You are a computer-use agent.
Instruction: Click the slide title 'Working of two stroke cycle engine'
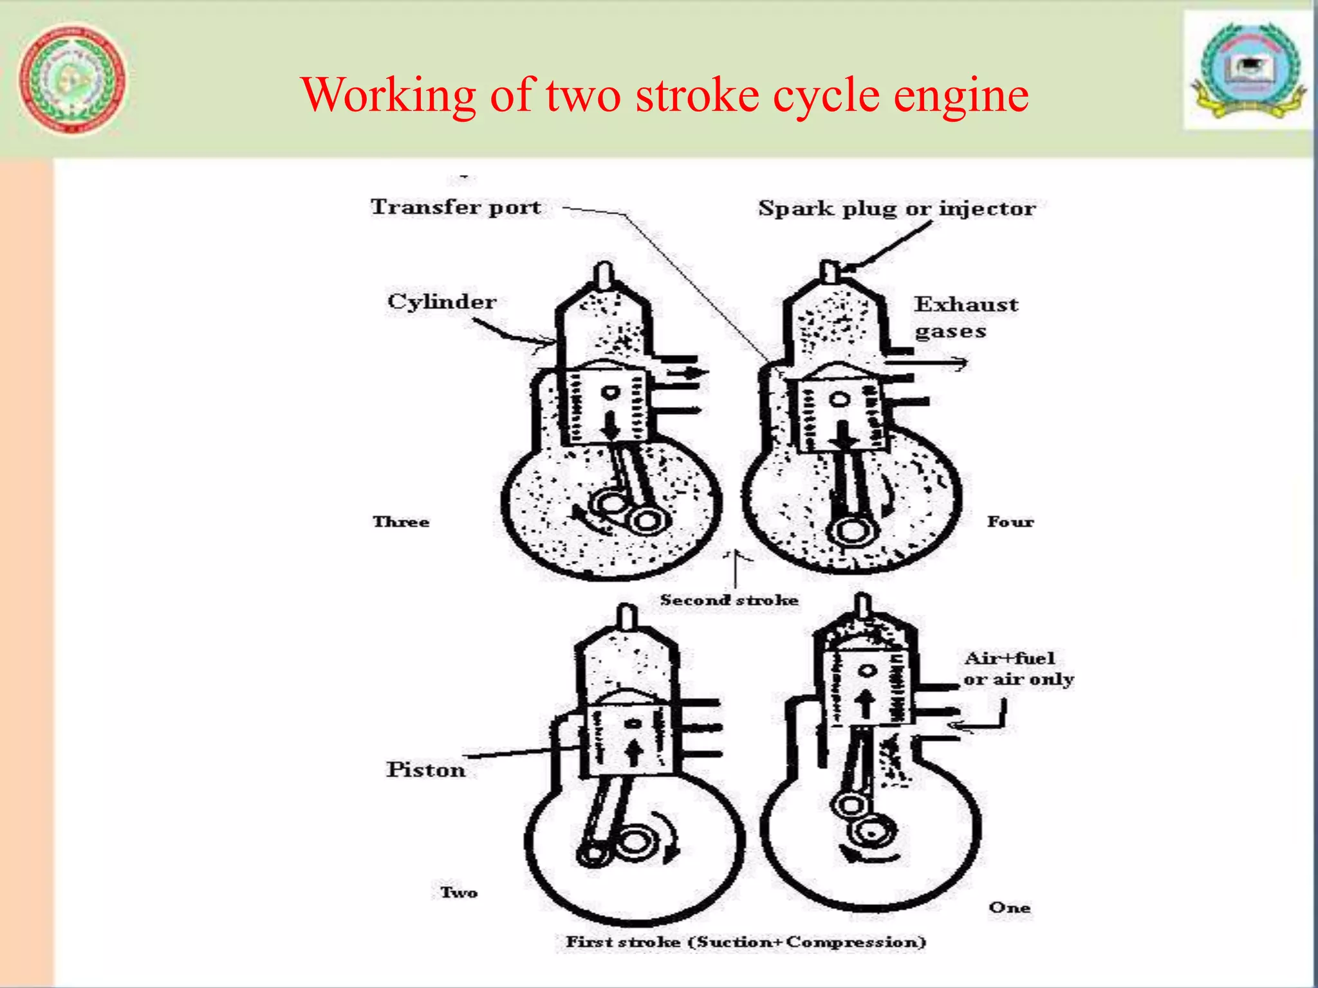coord(664,95)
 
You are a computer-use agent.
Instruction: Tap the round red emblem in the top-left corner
coord(72,79)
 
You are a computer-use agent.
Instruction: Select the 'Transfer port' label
coord(455,207)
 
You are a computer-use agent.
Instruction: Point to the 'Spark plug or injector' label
coord(896,208)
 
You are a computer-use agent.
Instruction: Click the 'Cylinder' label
coord(441,302)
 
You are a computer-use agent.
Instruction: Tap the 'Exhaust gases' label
coord(965,317)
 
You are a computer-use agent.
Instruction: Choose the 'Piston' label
coord(425,769)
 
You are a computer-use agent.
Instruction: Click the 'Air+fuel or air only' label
coord(1017,668)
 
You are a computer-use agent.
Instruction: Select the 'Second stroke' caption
coord(729,600)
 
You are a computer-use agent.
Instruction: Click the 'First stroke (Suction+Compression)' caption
coord(745,942)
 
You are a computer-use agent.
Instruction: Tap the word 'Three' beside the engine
coord(400,522)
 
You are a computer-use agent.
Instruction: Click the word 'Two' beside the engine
coord(458,892)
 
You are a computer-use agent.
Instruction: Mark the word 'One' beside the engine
coord(1009,908)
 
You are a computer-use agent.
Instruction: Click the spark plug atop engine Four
coord(830,271)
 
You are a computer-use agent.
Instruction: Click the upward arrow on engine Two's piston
coord(634,751)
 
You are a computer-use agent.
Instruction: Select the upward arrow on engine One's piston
coord(866,703)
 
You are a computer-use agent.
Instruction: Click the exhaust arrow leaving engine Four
coord(927,364)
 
